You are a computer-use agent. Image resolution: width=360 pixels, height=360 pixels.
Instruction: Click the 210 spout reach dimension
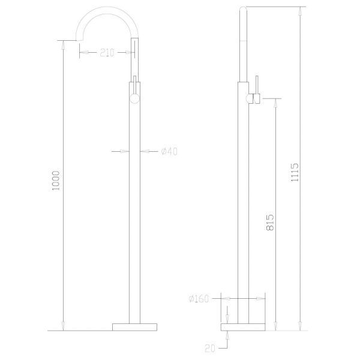click(x=107, y=53)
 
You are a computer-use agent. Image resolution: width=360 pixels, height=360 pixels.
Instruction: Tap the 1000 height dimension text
click(x=56, y=181)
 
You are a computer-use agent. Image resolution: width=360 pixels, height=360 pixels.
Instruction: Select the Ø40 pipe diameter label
click(x=169, y=152)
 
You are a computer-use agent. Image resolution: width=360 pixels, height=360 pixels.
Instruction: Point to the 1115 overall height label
click(x=295, y=172)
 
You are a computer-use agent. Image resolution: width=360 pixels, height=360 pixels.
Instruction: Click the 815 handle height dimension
click(x=270, y=223)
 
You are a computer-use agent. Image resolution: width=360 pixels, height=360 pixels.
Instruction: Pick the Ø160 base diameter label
click(x=199, y=299)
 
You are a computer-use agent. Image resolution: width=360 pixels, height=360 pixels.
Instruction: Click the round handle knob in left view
click(x=134, y=98)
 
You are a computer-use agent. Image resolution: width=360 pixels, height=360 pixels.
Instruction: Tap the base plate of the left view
click(x=134, y=327)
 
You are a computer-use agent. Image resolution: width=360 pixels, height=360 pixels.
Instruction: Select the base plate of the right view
click(x=243, y=327)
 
